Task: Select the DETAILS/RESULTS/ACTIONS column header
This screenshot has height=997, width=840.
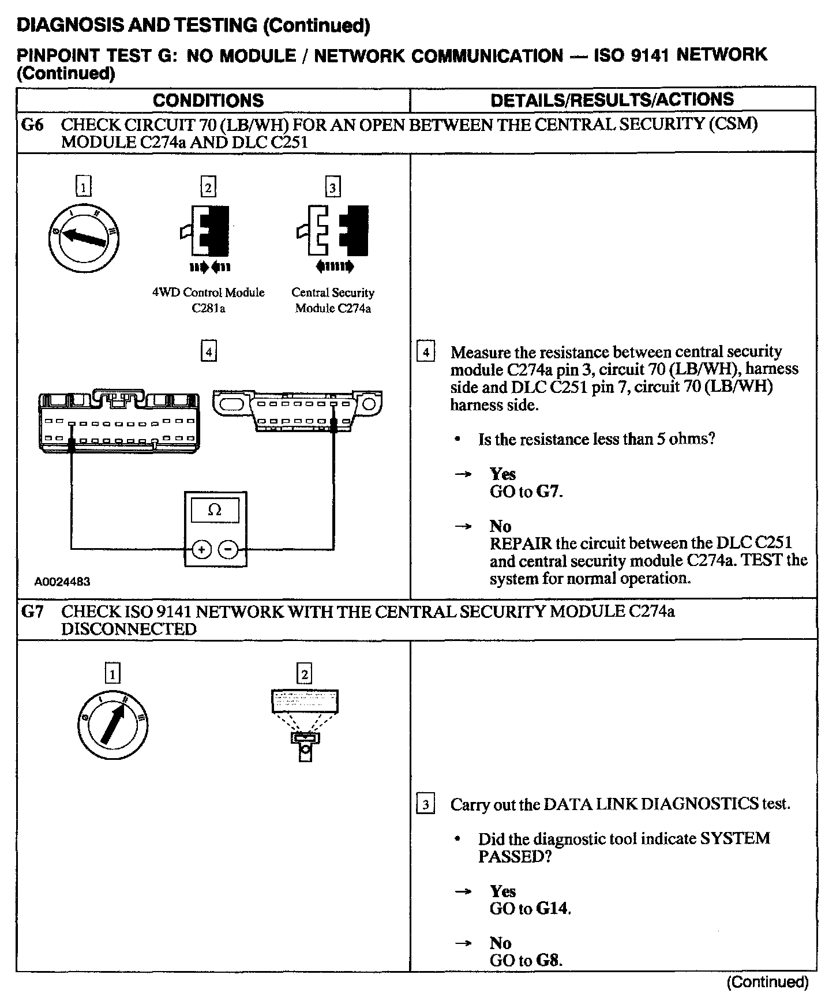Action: pos(612,100)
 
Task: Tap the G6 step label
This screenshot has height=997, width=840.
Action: pos(32,125)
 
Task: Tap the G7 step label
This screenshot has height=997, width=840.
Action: pos(32,612)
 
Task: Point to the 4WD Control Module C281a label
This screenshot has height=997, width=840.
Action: pos(208,300)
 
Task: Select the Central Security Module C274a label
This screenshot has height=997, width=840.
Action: pos(333,300)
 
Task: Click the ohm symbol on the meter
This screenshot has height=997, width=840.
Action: pos(215,510)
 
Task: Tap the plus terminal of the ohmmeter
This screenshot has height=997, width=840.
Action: pos(201,550)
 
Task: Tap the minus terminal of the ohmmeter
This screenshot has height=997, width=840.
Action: pos(229,550)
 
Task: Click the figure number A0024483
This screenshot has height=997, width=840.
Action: pos(62,582)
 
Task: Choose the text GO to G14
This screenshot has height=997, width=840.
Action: pos(530,909)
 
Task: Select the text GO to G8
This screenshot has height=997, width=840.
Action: pos(526,961)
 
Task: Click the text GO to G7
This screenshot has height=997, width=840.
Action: pos(526,492)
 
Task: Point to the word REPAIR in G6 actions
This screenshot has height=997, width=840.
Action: pos(521,544)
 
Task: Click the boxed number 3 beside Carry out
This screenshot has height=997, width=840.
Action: pos(425,805)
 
